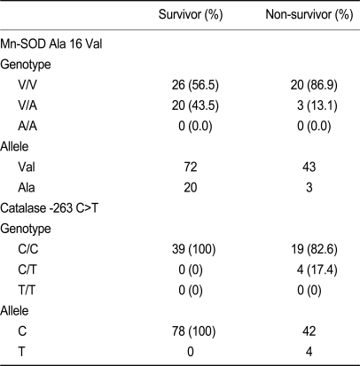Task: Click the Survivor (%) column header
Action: (191, 14)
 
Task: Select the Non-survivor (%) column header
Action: (309, 14)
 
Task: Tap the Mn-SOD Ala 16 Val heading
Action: (51, 44)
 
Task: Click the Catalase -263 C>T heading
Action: (49, 208)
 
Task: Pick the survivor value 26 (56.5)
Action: (195, 85)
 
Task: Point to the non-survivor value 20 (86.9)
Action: (314, 85)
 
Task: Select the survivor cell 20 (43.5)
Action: (195, 105)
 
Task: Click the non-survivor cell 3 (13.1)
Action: (317, 105)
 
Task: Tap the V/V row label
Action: (27, 85)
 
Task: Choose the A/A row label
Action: (27, 126)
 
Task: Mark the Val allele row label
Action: (27, 167)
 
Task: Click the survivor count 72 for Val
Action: (191, 167)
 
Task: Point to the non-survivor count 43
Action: (309, 167)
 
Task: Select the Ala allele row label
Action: (27, 188)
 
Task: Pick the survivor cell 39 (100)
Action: (193, 249)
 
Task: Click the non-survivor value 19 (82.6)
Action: (314, 249)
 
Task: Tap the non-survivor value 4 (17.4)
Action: (317, 269)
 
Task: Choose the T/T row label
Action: (27, 291)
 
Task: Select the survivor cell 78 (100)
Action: (193, 331)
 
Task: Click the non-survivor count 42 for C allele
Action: (309, 331)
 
